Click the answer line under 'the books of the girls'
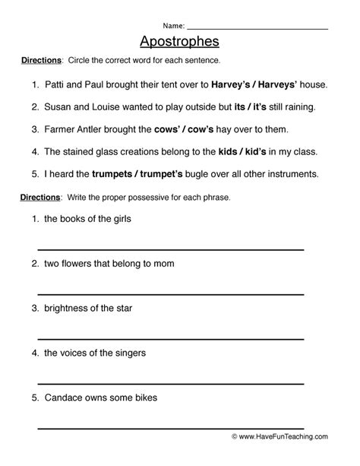[x=171, y=249]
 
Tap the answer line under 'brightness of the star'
[x=171, y=338]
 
